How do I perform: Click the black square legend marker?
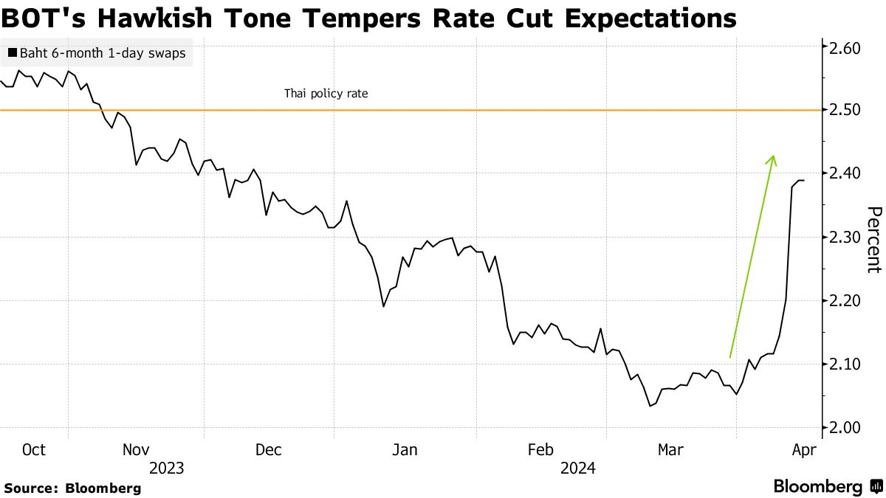tap(12, 53)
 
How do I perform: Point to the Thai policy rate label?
tap(326, 94)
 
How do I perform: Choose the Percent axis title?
tap(873, 240)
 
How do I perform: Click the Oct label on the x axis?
tap(34, 450)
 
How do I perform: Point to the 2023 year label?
tap(166, 468)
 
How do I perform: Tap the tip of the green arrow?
tap(773, 156)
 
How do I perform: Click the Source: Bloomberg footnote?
tap(72, 488)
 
